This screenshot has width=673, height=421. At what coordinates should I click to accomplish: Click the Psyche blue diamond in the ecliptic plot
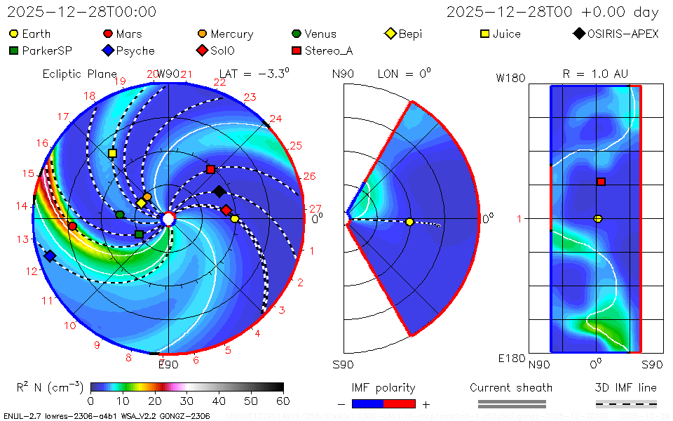tap(50, 256)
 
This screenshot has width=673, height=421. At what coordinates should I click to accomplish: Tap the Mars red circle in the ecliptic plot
tap(72, 226)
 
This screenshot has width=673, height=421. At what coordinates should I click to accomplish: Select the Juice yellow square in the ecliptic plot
tap(112, 153)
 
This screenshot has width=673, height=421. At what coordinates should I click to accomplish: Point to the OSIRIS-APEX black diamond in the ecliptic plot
tap(219, 192)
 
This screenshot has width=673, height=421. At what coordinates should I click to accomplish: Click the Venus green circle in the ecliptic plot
tap(120, 215)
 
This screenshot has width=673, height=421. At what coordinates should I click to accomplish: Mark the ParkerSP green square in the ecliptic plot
tap(139, 234)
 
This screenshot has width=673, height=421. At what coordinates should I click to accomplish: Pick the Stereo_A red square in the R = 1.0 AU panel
tap(601, 182)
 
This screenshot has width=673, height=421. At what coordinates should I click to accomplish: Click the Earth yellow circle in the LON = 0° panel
tap(409, 222)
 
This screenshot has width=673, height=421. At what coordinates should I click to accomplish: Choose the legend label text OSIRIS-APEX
tap(623, 34)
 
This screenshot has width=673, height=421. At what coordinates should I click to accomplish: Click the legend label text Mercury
tap(231, 34)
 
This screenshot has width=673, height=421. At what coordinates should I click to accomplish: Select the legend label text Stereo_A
tap(326, 51)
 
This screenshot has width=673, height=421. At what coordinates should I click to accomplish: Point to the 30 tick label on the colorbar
tap(187, 401)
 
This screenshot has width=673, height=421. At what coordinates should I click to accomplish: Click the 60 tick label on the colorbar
tap(283, 401)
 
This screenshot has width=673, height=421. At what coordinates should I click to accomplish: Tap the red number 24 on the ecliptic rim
tap(276, 119)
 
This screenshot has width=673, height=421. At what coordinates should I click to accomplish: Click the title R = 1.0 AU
tap(595, 74)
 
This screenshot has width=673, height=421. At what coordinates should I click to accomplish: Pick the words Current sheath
tap(511, 387)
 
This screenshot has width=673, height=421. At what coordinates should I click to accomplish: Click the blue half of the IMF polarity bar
tap(367, 403)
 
